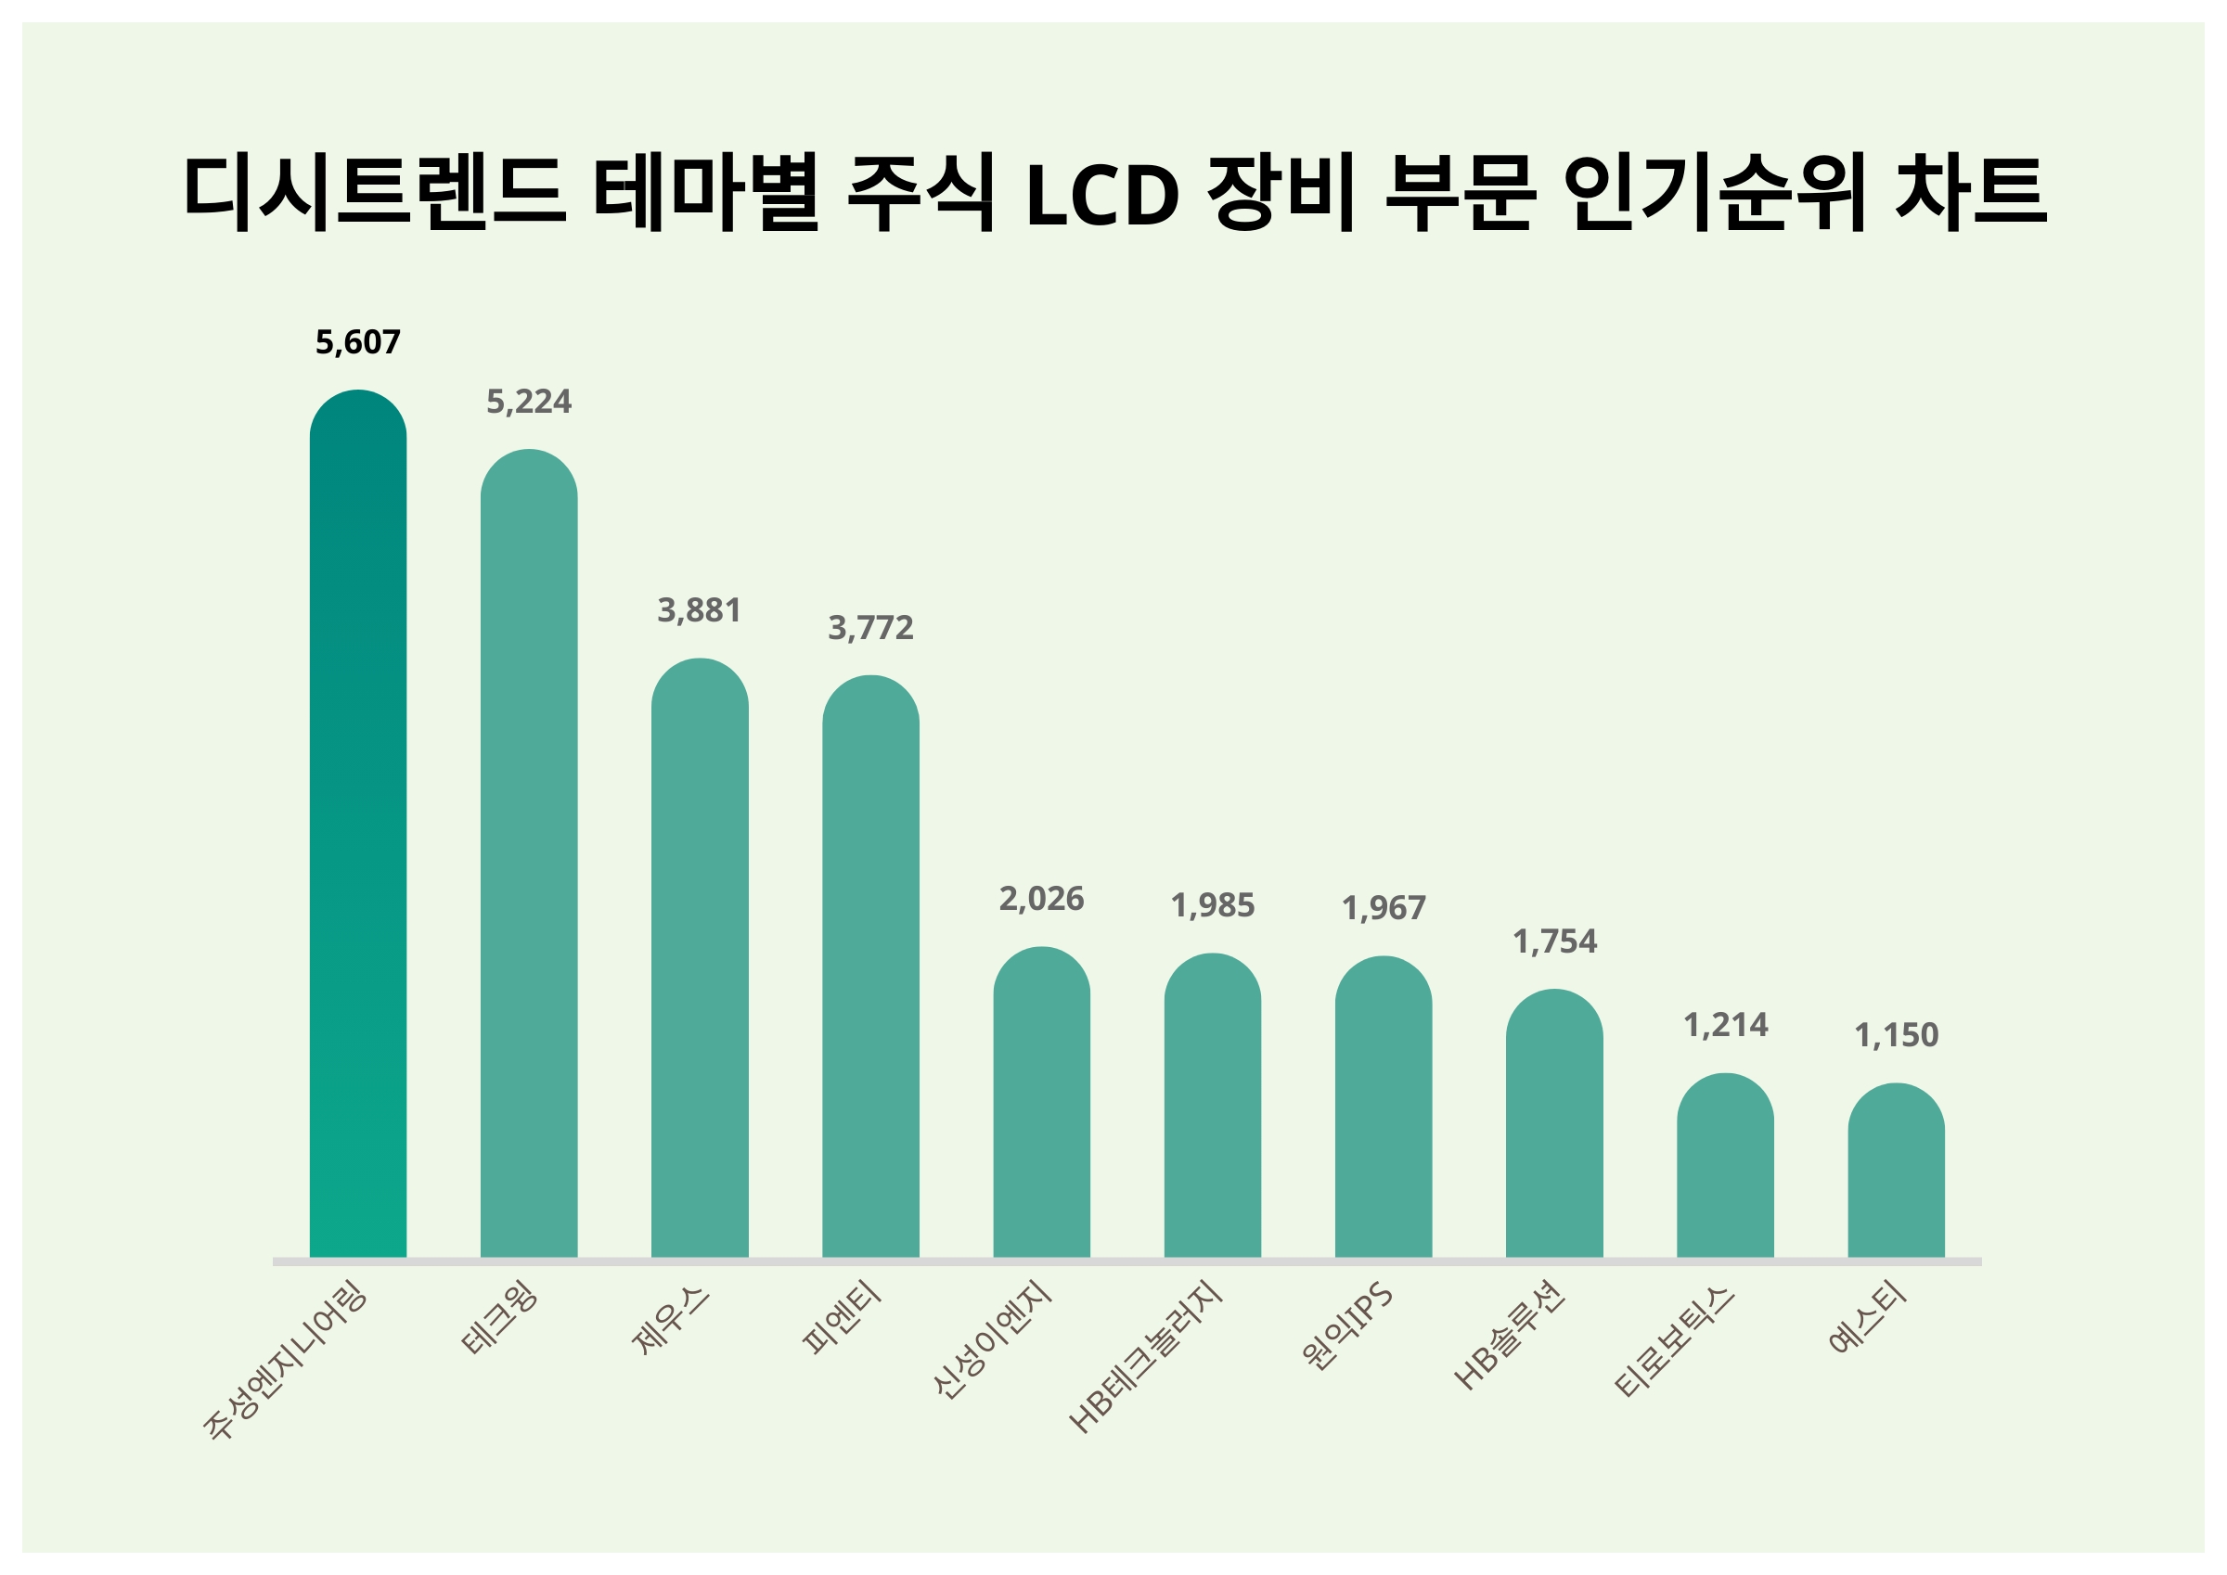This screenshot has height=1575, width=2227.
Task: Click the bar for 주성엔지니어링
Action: [x=358, y=825]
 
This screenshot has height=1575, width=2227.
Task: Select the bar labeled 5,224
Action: [x=529, y=853]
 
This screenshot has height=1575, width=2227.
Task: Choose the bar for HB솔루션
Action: [x=1554, y=1124]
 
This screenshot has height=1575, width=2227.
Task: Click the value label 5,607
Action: [x=358, y=342]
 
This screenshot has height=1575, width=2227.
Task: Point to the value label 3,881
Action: [x=700, y=611]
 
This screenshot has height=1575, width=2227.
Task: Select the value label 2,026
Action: [x=1041, y=899]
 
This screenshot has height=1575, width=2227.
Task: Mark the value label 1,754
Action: [x=1554, y=941]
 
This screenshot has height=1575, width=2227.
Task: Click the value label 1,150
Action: [x=1896, y=1036]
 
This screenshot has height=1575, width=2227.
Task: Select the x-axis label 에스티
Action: [x=1868, y=1317]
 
